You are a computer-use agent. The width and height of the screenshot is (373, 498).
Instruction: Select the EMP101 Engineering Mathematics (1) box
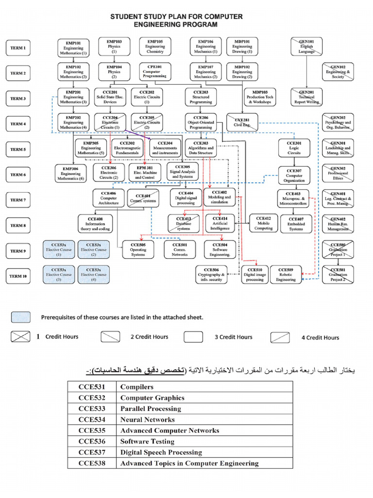(73, 47)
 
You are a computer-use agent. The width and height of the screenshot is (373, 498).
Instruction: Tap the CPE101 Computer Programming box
(154, 72)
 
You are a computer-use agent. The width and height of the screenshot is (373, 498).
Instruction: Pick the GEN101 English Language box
(306, 47)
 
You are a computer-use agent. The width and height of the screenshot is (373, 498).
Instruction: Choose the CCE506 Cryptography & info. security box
(211, 275)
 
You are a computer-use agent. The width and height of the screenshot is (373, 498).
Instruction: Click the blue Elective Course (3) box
(59, 275)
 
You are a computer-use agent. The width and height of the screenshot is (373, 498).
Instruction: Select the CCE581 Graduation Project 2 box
(338, 275)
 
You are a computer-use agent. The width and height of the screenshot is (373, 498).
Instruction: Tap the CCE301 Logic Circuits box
(294, 148)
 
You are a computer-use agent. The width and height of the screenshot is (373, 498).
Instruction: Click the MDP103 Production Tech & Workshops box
(259, 97)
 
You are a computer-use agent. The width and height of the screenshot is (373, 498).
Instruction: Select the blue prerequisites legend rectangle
(20, 317)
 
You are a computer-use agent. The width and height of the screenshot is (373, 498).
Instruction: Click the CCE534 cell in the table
(92, 419)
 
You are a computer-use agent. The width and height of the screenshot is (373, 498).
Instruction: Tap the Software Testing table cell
(147, 442)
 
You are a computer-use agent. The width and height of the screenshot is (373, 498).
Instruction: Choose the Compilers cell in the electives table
(137, 387)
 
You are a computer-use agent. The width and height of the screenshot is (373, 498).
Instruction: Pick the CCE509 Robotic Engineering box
(286, 275)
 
